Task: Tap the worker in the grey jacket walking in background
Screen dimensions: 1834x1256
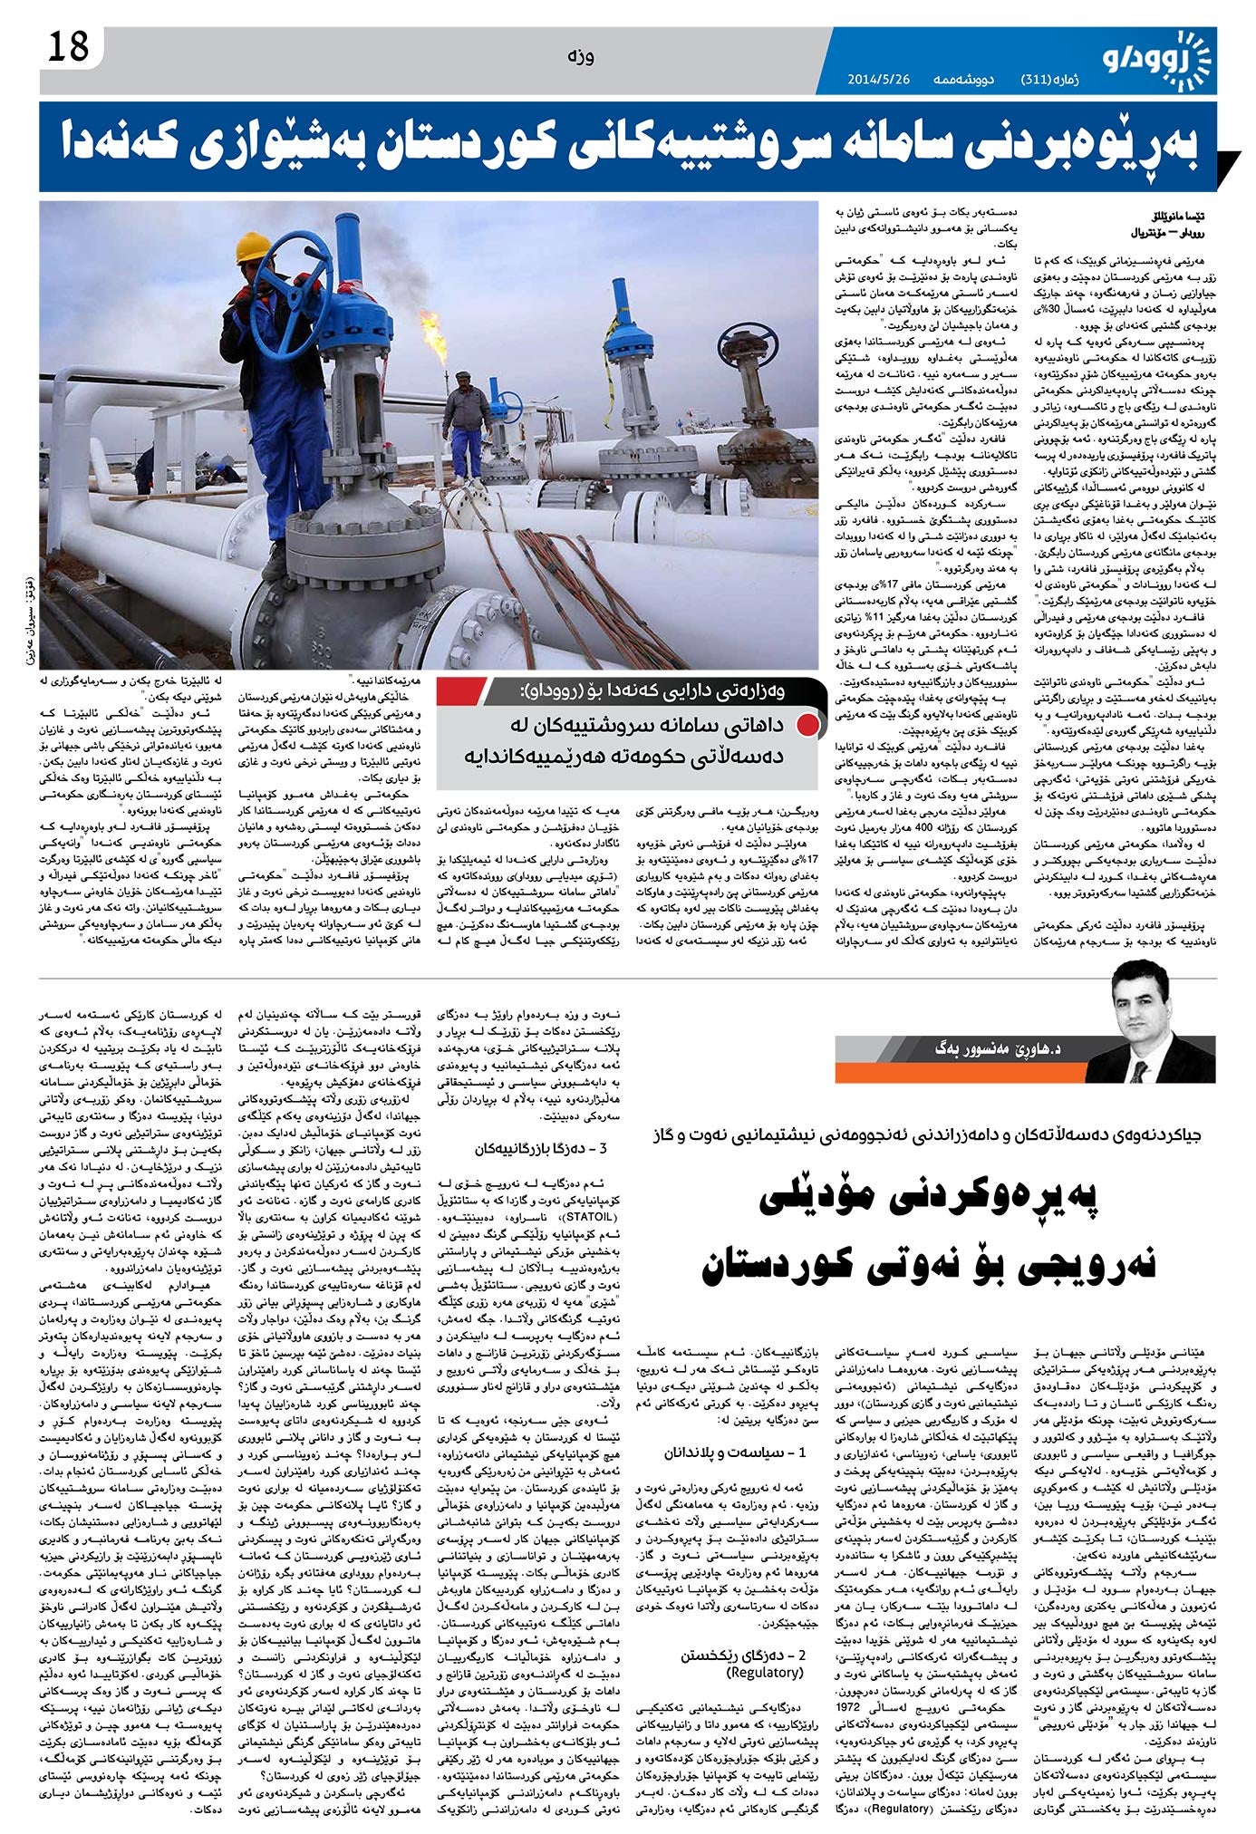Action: coord(466,425)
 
